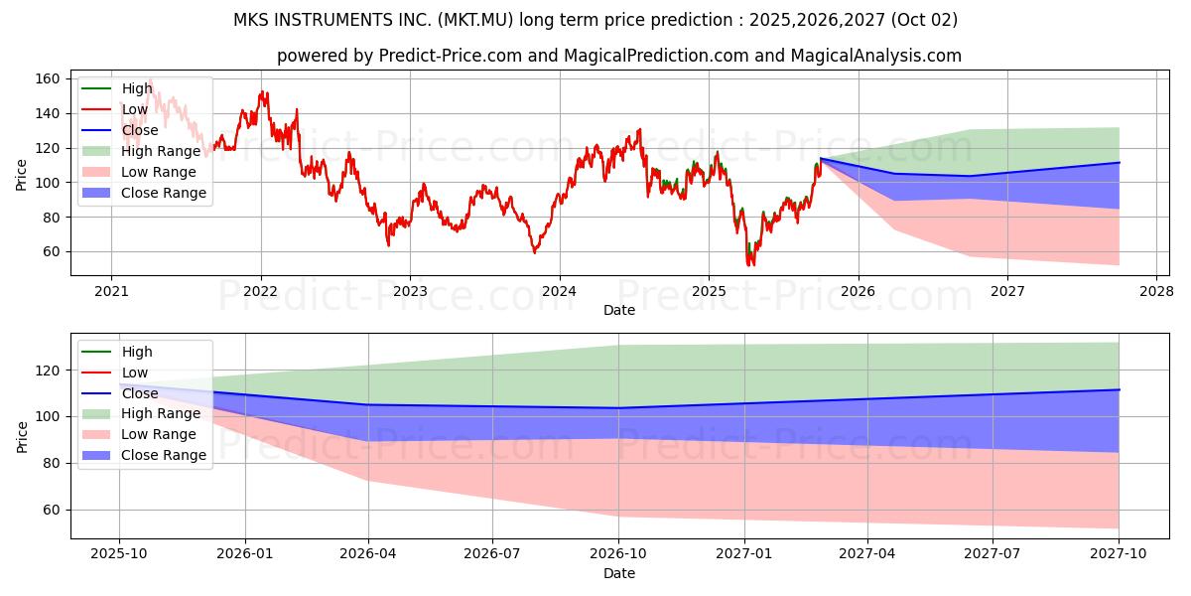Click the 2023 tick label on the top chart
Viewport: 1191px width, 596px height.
coord(410,291)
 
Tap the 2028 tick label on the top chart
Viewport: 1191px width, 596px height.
coord(1156,291)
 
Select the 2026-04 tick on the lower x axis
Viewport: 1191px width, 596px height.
coord(368,553)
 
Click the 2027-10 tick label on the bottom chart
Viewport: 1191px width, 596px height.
coord(1119,553)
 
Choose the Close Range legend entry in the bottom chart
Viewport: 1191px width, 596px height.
coord(164,455)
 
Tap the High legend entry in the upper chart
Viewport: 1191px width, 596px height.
coord(137,88)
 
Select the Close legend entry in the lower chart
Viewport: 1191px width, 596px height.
coord(140,393)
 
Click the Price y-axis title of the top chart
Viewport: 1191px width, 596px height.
coord(22,174)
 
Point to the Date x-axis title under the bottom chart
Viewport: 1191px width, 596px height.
coord(619,573)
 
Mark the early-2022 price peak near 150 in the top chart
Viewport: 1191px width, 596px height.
coord(263,93)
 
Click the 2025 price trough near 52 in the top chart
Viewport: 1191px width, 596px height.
coord(749,264)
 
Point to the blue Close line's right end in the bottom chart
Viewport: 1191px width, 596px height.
coord(1119,389)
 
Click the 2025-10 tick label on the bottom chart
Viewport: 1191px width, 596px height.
coord(119,553)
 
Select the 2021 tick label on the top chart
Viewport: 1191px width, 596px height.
coord(110,291)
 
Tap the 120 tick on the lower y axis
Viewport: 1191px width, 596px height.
coord(47,371)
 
